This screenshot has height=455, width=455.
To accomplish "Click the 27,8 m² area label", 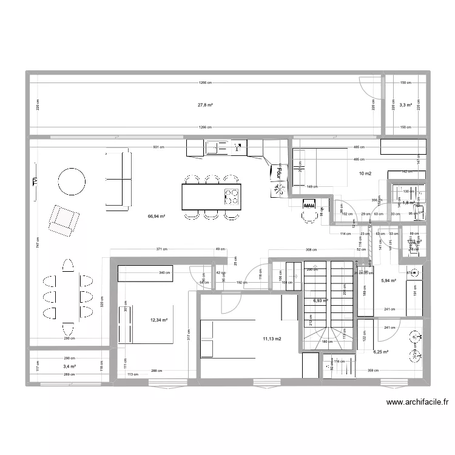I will coord(204,105).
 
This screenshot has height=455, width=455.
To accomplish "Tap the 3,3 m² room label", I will coord(406,105).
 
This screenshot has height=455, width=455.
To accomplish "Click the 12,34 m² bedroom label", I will coord(158,320).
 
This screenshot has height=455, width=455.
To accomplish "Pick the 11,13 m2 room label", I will coord(271,339).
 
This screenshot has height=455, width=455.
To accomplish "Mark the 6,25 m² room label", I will coord(381,351).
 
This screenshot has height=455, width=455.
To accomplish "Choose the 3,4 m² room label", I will coord(69,366).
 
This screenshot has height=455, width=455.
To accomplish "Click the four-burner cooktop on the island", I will coord(231,195).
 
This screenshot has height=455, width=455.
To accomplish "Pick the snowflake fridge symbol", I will coord(280,190).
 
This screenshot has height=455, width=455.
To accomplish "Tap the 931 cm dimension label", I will coord(157,147).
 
